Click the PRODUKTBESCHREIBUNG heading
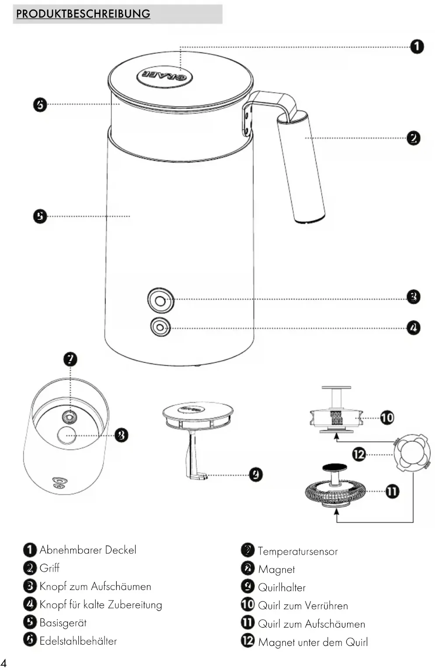point(83,14)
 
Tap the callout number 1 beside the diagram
point(417,46)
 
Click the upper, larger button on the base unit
point(160,300)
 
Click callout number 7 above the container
point(70,359)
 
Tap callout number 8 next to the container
point(121,435)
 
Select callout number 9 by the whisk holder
point(256,474)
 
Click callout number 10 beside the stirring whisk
point(387,417)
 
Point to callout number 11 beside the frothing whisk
point(392,491)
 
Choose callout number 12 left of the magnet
point(359,454)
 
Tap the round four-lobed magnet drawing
point(412,453)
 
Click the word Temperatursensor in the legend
point(298,551)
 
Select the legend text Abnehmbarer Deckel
point(88,550)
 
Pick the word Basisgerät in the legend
point(63,622)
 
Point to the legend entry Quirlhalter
point(282,587)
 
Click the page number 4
point(4,662)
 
